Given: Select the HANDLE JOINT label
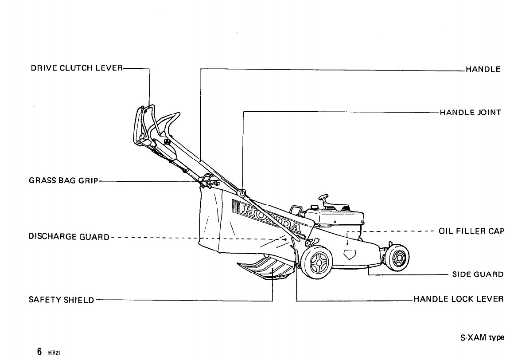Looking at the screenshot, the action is click(470, 112).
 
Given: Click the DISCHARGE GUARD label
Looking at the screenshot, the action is click(69, 237).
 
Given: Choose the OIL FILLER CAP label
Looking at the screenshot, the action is click(471, 231).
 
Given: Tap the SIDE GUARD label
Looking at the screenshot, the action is click(478, 274).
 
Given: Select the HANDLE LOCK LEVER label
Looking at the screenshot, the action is click(459, 299).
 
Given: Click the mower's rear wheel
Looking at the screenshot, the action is click(317, 263).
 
